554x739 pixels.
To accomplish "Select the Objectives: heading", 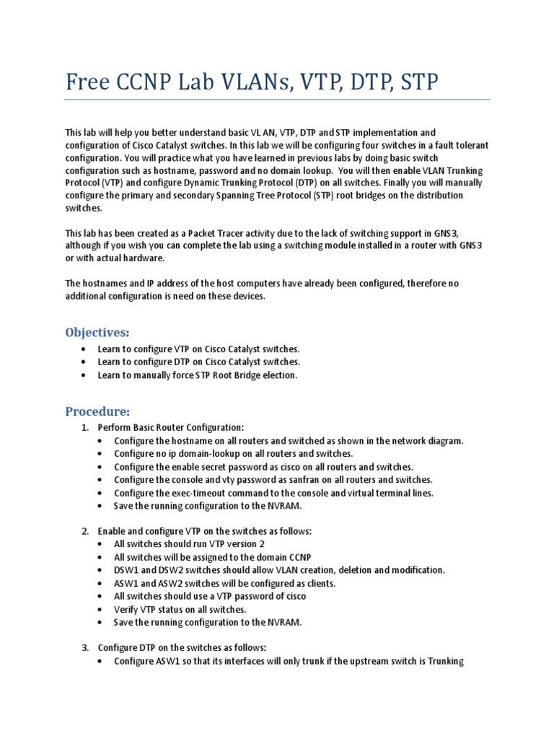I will tap(97, 332).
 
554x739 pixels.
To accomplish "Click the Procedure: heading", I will tap(97, 411).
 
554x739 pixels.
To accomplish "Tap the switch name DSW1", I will tap(126, 569).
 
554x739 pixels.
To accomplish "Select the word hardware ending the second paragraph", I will tap(145, 258).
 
